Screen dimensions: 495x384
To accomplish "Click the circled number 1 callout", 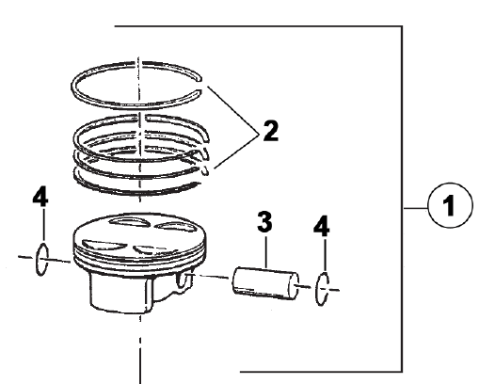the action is tap(450, 205).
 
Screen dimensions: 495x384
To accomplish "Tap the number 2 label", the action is tap(271, 131).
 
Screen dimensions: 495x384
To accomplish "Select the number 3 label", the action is tap(264, 222).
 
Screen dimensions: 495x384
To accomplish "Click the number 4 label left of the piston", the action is tap(40, 197).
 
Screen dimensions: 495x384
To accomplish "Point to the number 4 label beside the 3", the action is tap(321, 226).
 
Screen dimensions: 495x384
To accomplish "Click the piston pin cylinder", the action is tap(265, 283).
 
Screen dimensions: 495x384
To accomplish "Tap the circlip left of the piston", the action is tap(42, 259).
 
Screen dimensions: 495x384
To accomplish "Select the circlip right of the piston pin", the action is tap(322, 289).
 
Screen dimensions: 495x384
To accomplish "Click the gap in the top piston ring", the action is tap(200, 86).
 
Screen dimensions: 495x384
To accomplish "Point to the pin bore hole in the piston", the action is tap(182, 280).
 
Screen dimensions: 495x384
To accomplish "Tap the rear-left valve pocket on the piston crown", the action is tap(129, 222).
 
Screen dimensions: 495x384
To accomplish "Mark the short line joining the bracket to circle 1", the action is tap(415, 208).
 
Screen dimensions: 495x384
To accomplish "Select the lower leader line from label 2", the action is tap(237, 152).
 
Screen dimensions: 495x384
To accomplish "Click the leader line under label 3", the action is tap(265, 252).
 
